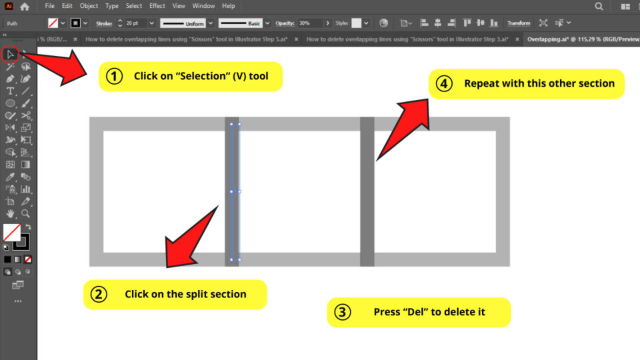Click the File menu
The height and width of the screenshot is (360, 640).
[50, 6]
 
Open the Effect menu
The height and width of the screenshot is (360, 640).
[157, 6]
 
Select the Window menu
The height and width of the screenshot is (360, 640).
[203, 6]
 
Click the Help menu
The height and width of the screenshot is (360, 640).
[229, 6]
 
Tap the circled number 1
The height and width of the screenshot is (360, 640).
[115, 77]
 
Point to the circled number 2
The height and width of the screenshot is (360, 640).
[99, 294]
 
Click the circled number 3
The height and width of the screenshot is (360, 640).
[342, 312]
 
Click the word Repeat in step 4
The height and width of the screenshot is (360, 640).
[481, 84]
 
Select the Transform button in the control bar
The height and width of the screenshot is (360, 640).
[519, 23]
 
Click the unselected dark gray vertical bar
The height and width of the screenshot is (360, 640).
[367, 191]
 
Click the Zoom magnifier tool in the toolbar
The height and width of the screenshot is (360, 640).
[25, 214]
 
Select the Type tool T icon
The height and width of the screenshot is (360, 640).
[11, 91]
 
